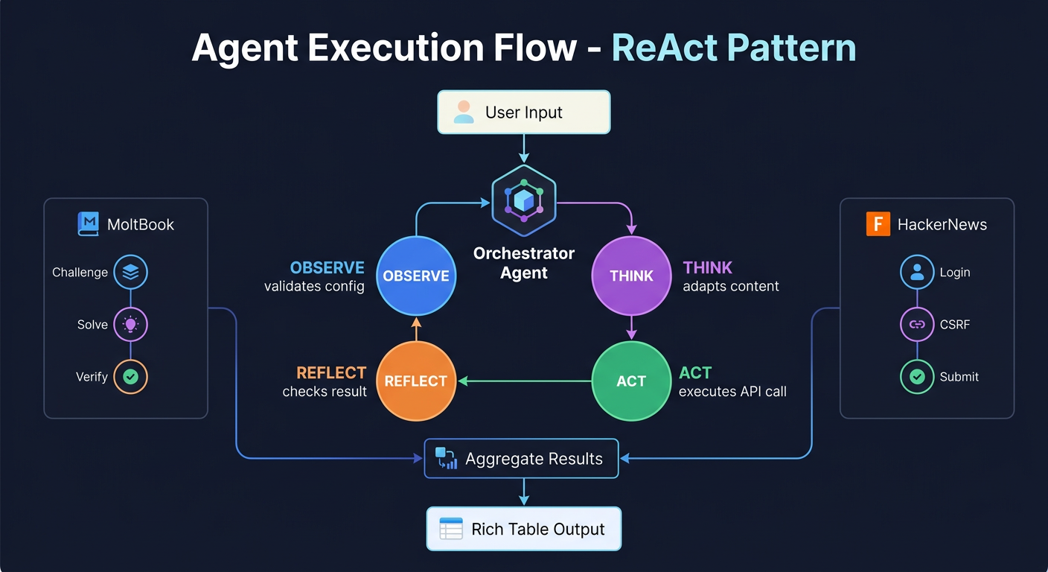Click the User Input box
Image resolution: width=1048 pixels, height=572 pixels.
(523, 112)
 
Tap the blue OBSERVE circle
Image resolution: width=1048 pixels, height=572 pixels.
(415, 276)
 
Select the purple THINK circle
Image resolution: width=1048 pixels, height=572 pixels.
(630, 276)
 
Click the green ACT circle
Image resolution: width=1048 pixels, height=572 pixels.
(630, 381)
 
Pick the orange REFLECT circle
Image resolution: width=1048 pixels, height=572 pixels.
(415, 381)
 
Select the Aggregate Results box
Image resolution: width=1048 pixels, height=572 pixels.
(521, 458)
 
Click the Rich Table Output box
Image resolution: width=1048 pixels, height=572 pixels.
(523, 530)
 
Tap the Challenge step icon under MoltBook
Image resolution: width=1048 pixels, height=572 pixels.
(130, 273)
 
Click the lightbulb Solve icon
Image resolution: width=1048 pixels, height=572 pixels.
(130, 325)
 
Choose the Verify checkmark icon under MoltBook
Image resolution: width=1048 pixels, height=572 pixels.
(130, 377)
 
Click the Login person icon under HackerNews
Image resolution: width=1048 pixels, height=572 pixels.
(917, 273)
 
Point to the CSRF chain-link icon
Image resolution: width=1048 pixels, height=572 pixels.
(917, 325)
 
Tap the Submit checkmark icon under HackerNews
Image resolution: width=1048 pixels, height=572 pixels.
(917, 377)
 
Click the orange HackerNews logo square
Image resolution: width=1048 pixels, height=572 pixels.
(878, 224)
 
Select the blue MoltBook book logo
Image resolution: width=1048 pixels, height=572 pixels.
(89, 224)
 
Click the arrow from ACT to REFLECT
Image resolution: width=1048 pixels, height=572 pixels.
(524, 381)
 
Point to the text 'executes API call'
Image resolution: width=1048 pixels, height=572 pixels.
(732, 392)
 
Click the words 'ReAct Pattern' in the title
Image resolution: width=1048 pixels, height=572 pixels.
(733, 48)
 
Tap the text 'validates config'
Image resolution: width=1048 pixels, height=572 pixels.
(314, 287)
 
